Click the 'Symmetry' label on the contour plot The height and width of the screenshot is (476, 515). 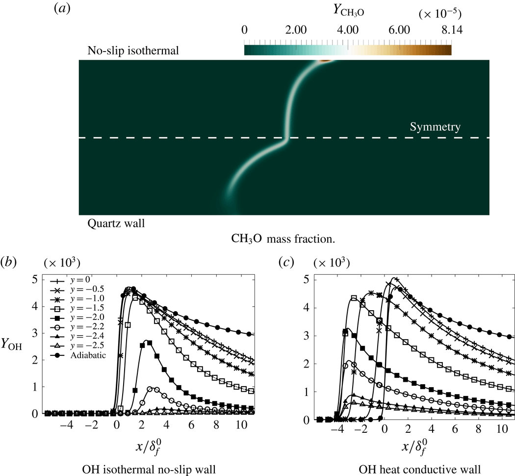[x=436, y=127]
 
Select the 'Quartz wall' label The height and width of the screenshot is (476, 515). [x=116, y=224]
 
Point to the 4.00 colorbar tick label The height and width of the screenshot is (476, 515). [x=348, y=30]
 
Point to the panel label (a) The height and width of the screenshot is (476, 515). [x=63, y=11]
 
